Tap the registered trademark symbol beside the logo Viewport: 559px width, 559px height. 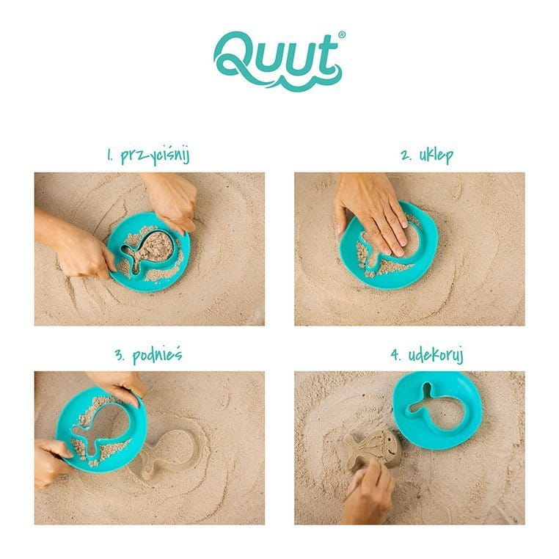[x=342, y=35]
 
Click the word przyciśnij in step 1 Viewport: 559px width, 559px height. [x=155, y=156]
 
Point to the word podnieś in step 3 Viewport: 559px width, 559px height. [x=157, y=355]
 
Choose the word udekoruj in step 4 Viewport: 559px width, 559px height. [x=436, y=356]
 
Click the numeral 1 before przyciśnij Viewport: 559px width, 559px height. [x=110, y=156]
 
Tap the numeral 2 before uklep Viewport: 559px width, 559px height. [x=406, y=156]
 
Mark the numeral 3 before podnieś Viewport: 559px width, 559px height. [x=120, y=355]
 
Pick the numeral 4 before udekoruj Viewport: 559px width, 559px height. [x=395, y=355]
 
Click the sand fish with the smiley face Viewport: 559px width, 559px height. [x=371, y=449]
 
